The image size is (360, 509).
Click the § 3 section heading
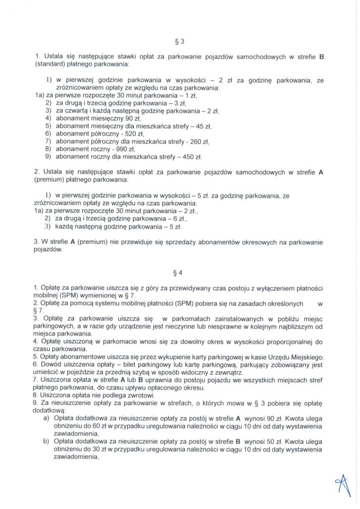pos(180,41)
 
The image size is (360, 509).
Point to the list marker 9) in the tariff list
pos(48,157)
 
